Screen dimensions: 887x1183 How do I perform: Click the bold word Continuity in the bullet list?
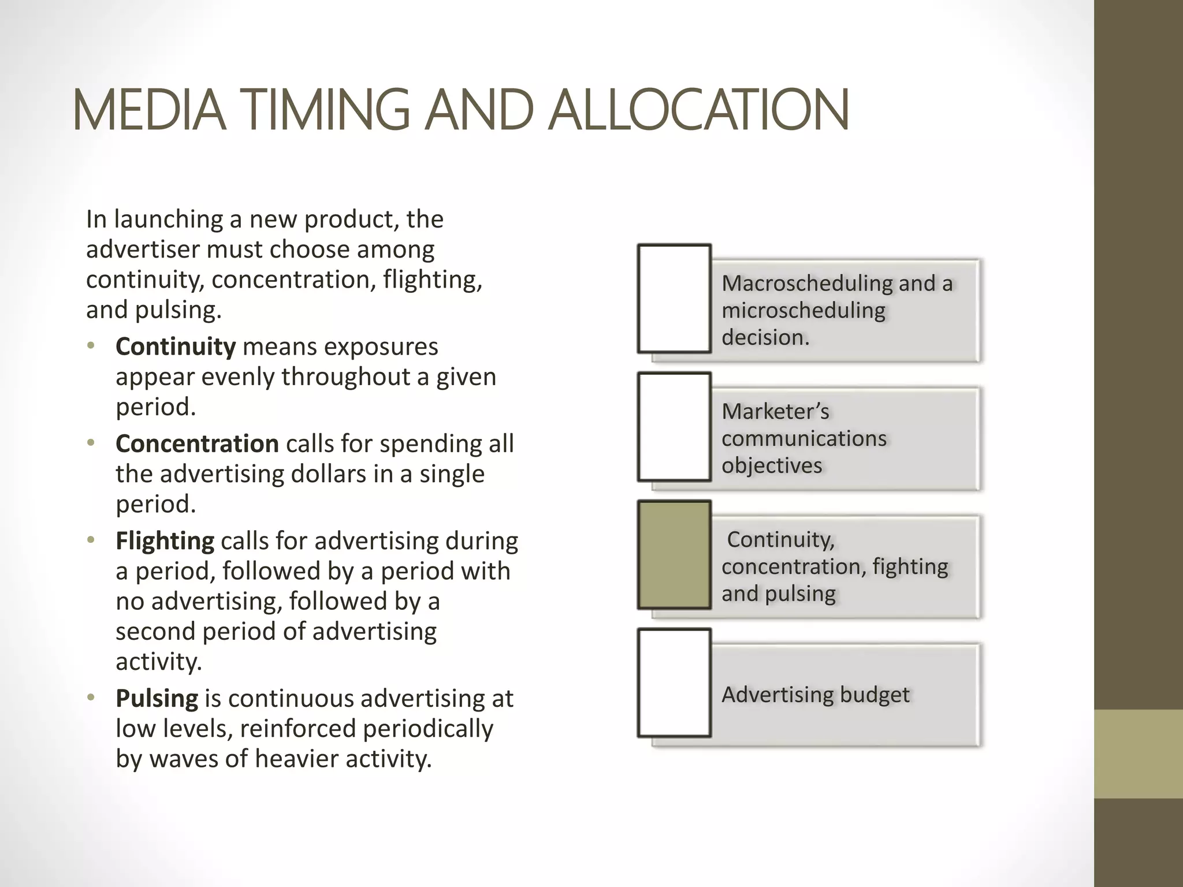pyautogui.click(x=176, y=346)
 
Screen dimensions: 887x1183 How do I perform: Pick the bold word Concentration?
pyautogui.click(x=197, y=443)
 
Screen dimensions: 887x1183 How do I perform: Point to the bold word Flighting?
pyautogui.click(x=165, y=541)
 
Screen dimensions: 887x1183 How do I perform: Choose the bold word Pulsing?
pyautogui.click(x=157, y=698)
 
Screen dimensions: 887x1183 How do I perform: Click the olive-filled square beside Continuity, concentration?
pyautogui.click(x=674, y=555)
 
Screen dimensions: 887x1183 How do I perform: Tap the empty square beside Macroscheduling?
pyautogui.click(x=674, y=299)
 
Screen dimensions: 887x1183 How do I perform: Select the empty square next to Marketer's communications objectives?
pyautogui.click(x=674, y=427)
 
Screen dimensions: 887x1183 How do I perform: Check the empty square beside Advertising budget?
pyautogui.click(x=674, y=683)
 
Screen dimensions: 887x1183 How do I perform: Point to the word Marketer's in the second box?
pyautogui.click(x=775, y=412)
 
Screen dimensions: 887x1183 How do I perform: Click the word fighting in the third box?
pyautogui.click(x=910, y=567)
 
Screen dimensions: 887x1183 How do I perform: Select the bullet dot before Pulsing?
pyautogui.click(x=90, y=698)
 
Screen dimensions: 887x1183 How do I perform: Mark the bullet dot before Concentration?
pyautogui.click(x=90, y=443)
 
